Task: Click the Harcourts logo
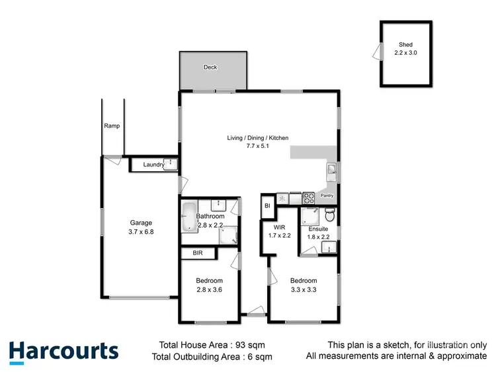(x=63, y=352)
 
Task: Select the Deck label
(x=210, y=67)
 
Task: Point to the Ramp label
(x=111, y=126)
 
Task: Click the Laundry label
(x=153, y=165)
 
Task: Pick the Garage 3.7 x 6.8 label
(x=141, y=227)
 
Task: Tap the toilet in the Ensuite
(x=330, y=216)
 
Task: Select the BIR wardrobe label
(x=197, y=253)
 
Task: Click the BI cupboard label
(x=267, y=205)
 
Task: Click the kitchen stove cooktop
(x=308, y=197)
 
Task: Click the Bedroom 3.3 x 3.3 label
(x=304, y=284)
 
